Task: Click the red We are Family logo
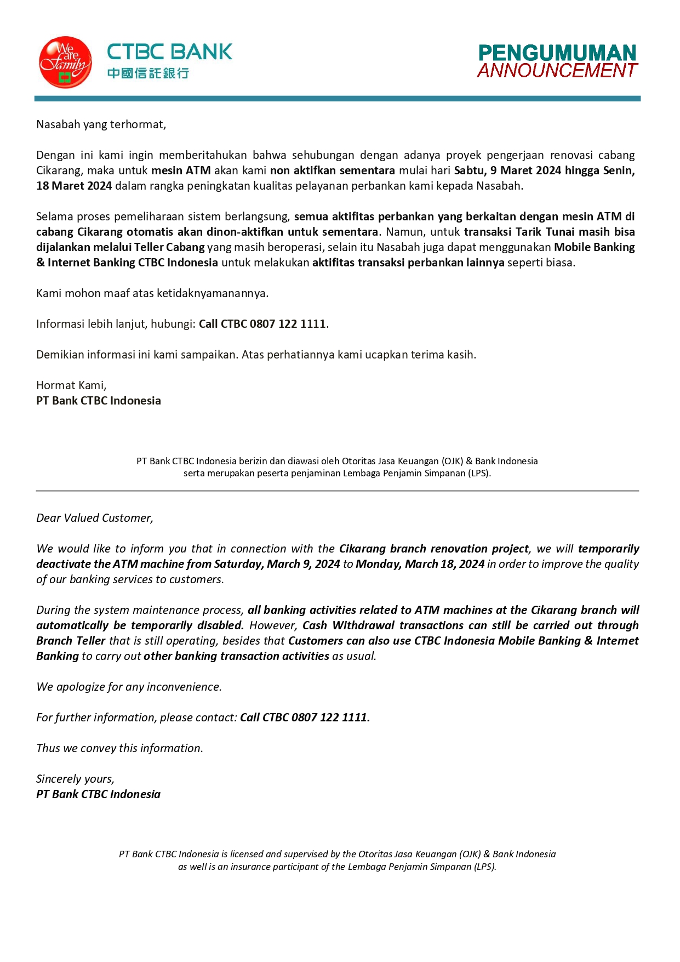[65, 62]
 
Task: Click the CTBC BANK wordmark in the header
[169, 52]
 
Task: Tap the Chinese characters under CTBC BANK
[148, 73]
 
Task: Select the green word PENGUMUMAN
[557, 53]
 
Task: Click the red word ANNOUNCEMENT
[557, 71]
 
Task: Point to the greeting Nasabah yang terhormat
[101, 124]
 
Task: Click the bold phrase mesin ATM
[181, 170]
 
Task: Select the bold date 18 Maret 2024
[74, 186]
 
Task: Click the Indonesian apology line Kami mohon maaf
[152, 293]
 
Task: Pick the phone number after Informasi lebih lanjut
[288, 324]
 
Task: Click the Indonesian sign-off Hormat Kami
[71, 385]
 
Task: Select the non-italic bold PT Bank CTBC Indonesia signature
[99, 401]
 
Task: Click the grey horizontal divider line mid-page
[338, 491]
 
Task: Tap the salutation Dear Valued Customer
[95, 518]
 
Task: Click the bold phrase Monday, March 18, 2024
[420, 564]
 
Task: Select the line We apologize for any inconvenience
[129, 687]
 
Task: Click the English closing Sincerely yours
[75, 779]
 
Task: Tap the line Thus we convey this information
[119, 748]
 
